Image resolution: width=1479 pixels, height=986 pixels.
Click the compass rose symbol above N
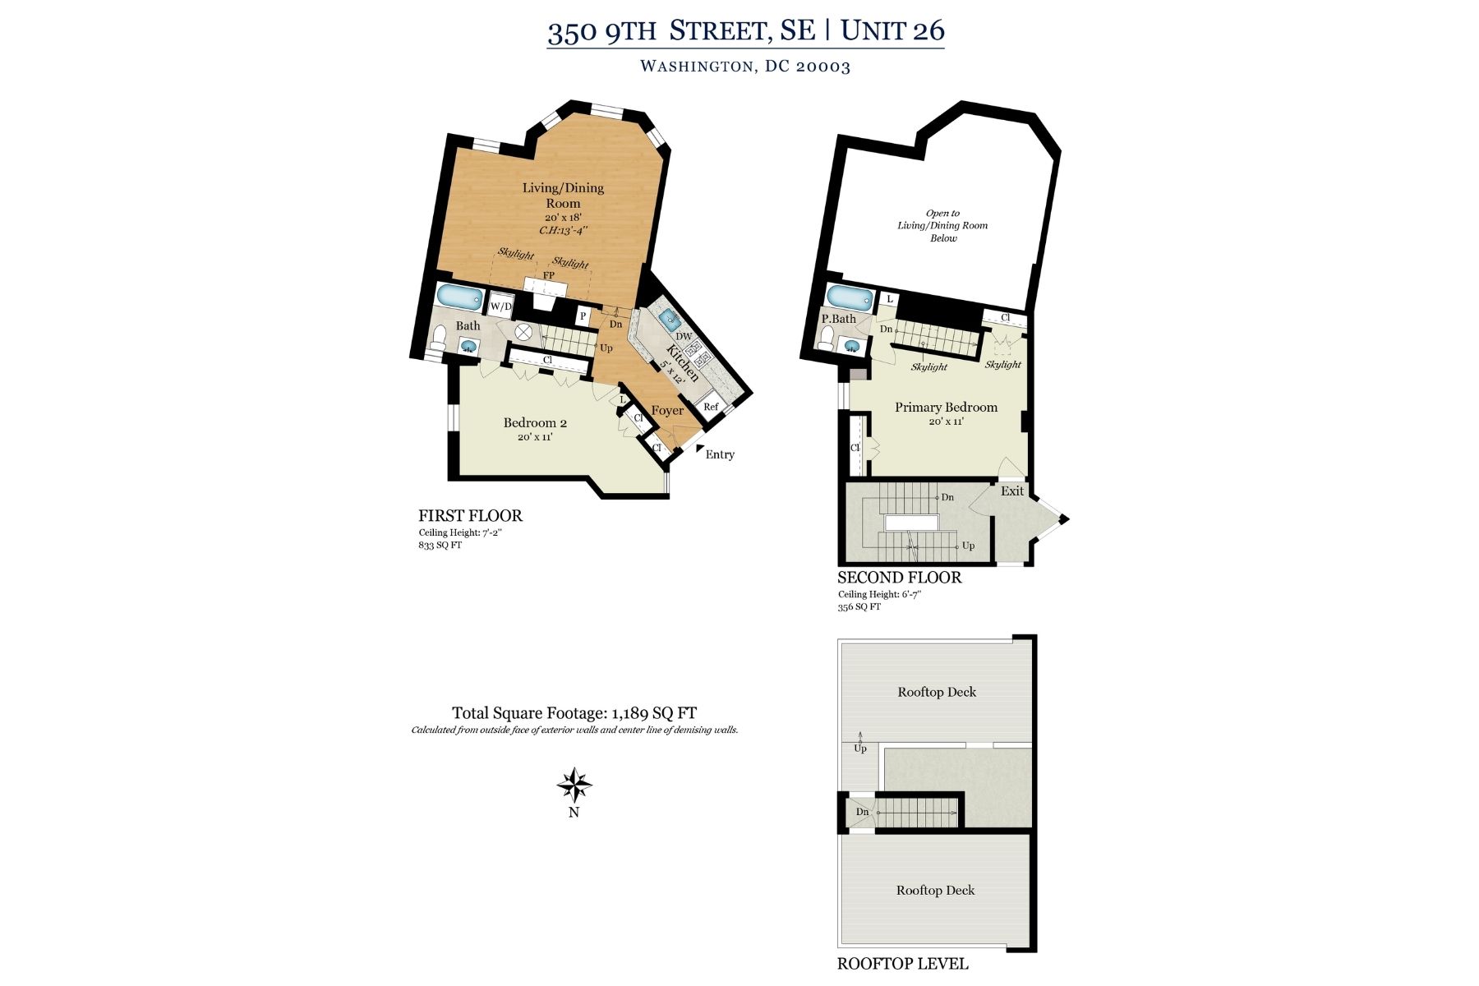574,786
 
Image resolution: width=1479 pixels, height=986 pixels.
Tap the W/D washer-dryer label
500,306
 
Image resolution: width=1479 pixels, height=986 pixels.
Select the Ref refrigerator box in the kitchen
711,407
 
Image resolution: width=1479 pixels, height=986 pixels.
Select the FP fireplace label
548,275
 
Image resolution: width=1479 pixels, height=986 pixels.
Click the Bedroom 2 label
535,423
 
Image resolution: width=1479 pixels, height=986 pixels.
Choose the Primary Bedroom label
946,408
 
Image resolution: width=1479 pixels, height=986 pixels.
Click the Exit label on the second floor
1012,491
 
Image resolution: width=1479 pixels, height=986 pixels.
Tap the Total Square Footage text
574,713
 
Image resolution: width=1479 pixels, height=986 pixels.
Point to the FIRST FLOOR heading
470,516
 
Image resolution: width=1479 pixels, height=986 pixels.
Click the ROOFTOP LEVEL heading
902,964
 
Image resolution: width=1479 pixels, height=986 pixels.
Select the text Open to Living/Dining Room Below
942,226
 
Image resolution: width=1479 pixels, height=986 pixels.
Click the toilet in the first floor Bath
440,337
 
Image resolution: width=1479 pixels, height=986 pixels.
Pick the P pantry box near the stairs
583,316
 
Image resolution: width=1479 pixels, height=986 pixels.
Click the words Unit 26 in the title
892,31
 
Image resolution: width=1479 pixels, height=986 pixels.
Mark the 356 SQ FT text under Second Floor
859,607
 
